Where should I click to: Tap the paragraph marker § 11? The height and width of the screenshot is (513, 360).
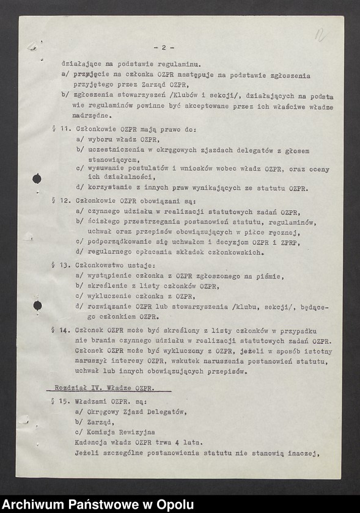pos(60,130)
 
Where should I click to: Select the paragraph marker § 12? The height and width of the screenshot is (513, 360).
pos(60,200)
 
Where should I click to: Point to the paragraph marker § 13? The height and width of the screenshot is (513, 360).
pos(60,266)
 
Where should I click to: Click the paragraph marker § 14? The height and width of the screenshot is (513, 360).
pos(60,330)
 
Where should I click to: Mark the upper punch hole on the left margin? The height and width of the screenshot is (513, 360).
pos(37,178)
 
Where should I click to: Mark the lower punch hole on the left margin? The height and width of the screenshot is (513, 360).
pos(37,305)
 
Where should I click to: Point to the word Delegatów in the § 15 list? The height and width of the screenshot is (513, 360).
pos(165,412)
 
